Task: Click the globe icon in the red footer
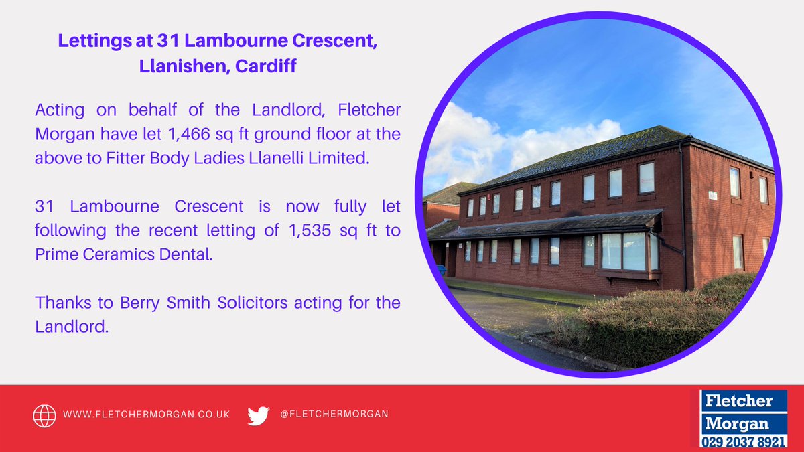click(44, 415)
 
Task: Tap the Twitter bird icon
click(258, 415)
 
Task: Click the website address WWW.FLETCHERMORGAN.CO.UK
click(147, 415)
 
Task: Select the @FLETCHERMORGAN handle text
click(334, 414)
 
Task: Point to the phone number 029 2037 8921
click(744, 442)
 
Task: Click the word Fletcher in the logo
click(737, 402)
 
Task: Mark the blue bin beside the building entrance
click(440, 270)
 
